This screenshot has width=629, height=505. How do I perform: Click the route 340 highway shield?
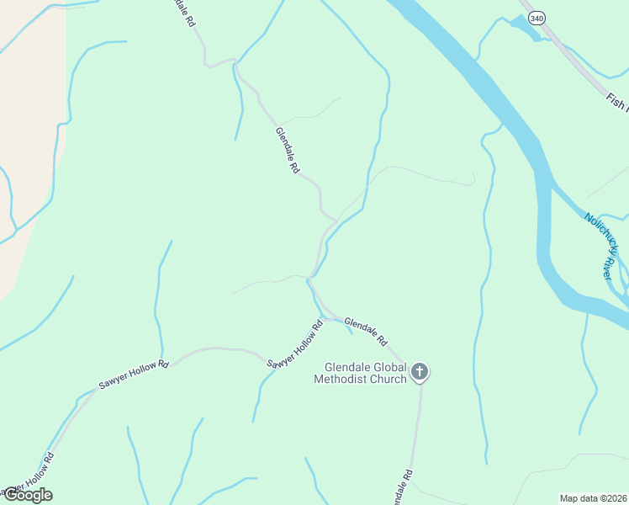(x=536, y=17)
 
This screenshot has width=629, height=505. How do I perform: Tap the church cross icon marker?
(x=420, y=371)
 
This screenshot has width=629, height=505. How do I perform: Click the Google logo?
(x=27, y=495)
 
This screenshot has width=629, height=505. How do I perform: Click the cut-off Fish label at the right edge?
(x=617, y=103)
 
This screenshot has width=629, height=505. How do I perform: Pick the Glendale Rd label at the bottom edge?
(x=402, y=487)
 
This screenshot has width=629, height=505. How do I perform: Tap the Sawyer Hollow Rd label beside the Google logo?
(x=26, y=476)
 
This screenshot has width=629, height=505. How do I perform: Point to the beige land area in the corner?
(x=29, y=126)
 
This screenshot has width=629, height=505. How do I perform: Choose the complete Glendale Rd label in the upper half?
(x=287, y=150)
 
